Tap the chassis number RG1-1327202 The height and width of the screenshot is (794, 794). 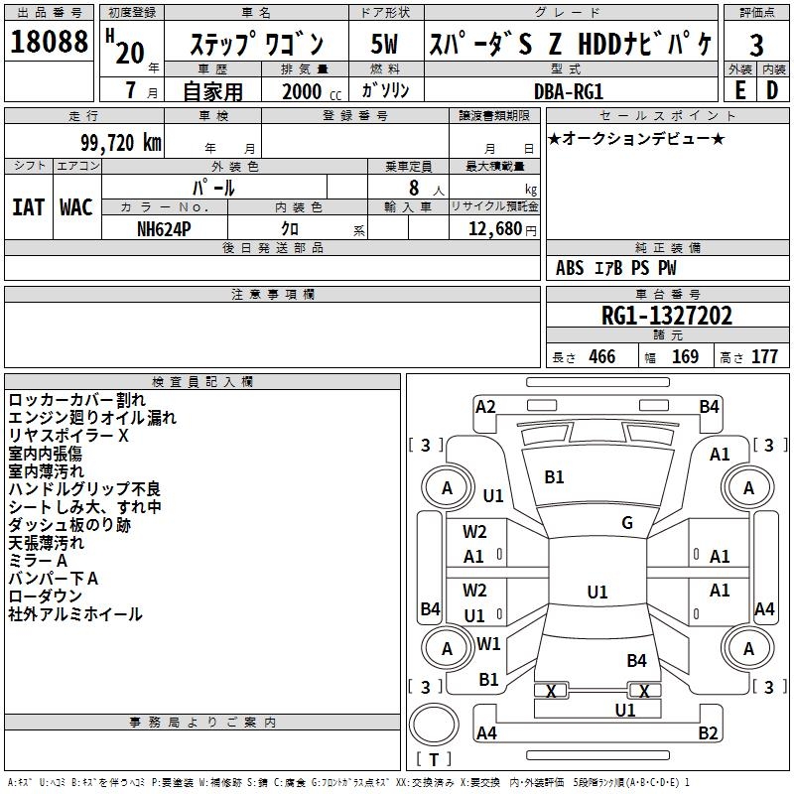pyautogui.click(x=667, y=317)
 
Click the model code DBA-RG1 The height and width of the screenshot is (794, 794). pyautogui.click(x=569, y=89)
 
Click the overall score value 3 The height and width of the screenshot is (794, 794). pyautogui.click(x=756, y=45)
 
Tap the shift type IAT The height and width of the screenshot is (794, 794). pyautogui.click(x=29, y=207)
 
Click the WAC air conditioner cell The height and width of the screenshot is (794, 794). pyautogui.click(x=76, y=207)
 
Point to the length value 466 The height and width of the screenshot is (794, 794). pyautogui.click(x=601, y=357)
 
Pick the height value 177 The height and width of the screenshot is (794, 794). pyautogui.click(x=764, y=357)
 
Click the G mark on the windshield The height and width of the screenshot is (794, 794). pyautogui.click(x=627, y=523)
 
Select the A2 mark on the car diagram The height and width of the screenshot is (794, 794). pyautogui.click(x=485, y=406)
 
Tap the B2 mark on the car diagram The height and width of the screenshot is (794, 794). pyautogui.click(x=708, y=733)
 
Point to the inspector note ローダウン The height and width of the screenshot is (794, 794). pyautogui.click(x=46, y=596)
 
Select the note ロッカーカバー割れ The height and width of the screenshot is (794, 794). pyautogui.click(x=76, y=400)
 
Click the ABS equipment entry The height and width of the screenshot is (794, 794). pyautogui.click(x=570, y=268)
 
